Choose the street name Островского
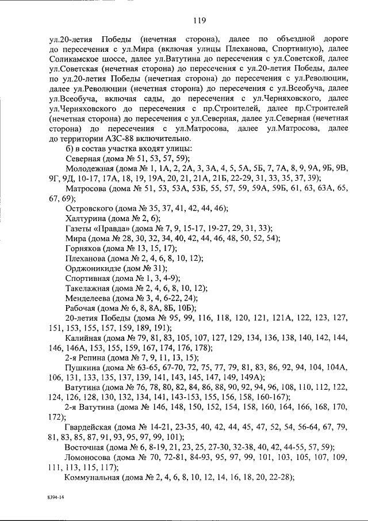pos(91,208)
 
